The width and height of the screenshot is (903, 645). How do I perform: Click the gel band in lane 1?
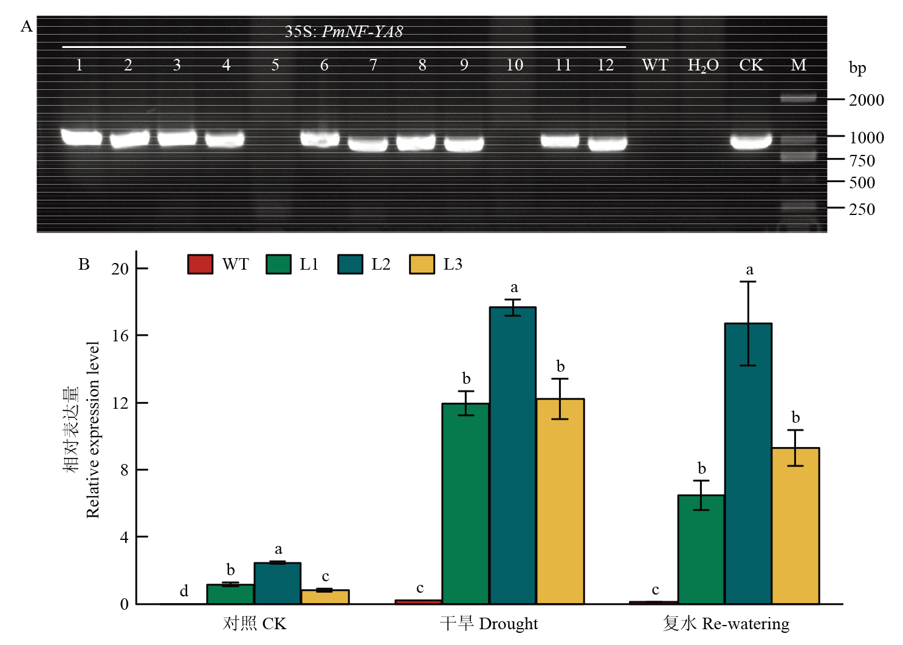tap(81, 137)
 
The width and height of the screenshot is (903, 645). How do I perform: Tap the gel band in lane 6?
tap(320, 139)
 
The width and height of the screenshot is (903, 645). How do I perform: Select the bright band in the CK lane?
tap(751, 141)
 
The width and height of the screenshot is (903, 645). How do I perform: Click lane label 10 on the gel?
tap(514, 65)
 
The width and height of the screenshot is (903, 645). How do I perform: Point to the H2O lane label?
tap(703, 65)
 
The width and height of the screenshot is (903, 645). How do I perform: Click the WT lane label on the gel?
tap(655, 65)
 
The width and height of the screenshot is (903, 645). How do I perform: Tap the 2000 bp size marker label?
tap(867, 100)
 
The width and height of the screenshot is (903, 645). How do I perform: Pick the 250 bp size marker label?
tap(862, 209)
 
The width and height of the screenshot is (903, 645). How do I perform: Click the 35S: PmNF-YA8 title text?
tap(343, 32)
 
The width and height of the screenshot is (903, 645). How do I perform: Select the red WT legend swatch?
tap(201, 264)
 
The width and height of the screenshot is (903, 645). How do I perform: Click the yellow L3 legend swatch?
tap(422, 264)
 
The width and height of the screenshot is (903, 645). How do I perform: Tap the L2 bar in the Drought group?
tap(513, 456)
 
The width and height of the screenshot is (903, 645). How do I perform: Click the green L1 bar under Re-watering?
tap(701, 550)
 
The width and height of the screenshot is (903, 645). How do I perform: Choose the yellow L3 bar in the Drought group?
tap(560, 501)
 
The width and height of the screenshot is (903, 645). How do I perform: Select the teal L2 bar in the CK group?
tap(277, 584)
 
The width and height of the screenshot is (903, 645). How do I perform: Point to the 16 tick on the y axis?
tap(120, 336)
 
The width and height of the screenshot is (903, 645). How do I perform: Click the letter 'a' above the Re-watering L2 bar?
tap(749, 270)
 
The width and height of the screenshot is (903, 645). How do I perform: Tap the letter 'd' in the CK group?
tap(184, 591)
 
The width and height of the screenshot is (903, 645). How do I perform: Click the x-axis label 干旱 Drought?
tap(489, 623)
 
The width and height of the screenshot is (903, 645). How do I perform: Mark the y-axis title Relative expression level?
tap(92, 429)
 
